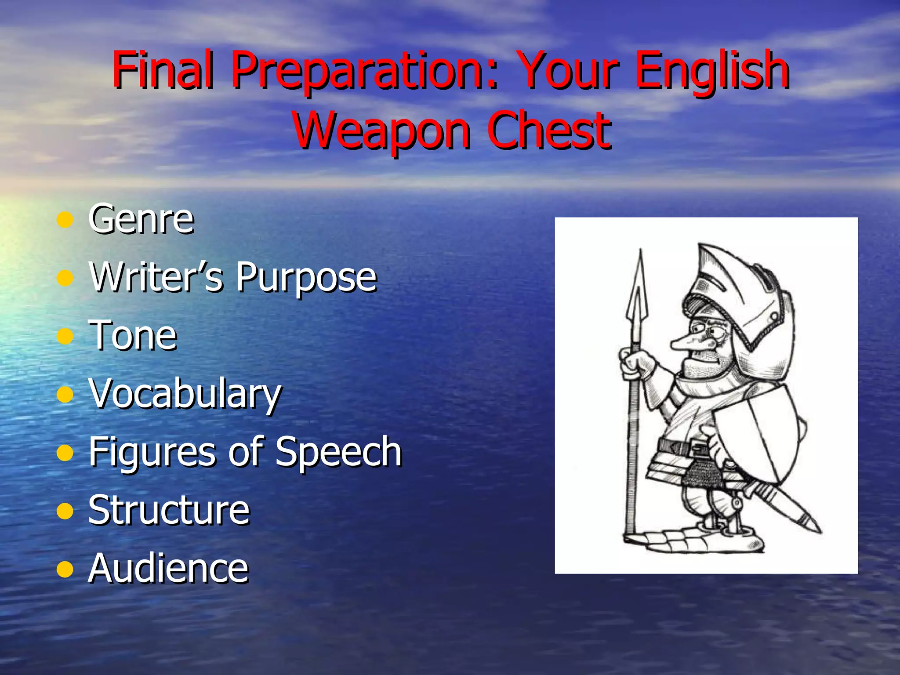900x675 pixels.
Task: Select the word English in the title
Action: pos(712,70)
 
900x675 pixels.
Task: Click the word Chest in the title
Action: pos(549,130)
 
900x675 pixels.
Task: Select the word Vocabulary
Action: pos(185,394)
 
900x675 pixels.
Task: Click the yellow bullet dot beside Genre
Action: pos(65,220)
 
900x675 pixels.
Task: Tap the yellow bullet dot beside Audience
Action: pos(65,570)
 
